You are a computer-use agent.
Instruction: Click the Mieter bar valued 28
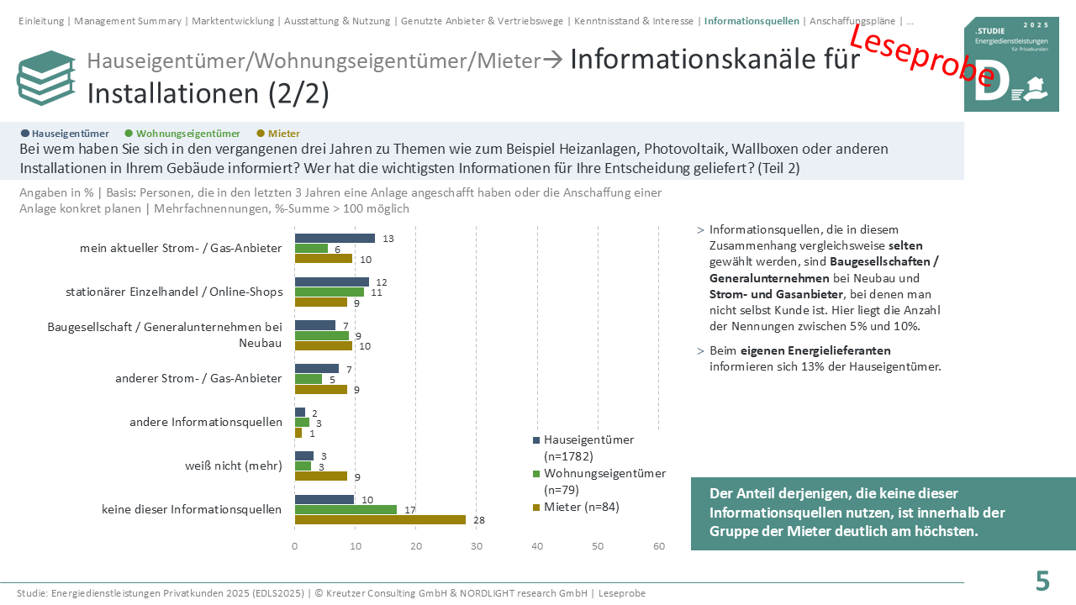point(380,519)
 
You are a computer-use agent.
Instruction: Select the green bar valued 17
point(345,509)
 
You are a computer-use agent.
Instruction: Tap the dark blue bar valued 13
point(335,238)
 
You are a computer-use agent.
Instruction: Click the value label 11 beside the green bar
point(377,292)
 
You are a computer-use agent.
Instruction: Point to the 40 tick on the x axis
point(537,546)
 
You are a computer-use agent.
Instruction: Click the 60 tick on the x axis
point(659,546)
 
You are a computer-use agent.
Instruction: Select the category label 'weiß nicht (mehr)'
point(234,466)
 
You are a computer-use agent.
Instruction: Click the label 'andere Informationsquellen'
point(206,422)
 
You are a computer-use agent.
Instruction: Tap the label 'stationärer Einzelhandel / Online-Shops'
point(174,292)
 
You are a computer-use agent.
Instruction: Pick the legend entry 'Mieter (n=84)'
point(577,507)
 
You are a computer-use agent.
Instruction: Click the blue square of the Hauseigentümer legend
point(536,440)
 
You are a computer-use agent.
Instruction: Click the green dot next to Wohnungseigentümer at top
point(129,134)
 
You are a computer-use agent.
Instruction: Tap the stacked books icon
point(46,78)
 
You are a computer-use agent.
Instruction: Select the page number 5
point(1042,581)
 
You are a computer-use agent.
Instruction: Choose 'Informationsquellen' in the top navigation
point(752,21)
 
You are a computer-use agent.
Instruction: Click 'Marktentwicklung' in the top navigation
point(233,21)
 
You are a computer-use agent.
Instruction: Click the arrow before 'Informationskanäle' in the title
point(553,60)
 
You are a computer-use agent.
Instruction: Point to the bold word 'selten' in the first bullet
point(905,246)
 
